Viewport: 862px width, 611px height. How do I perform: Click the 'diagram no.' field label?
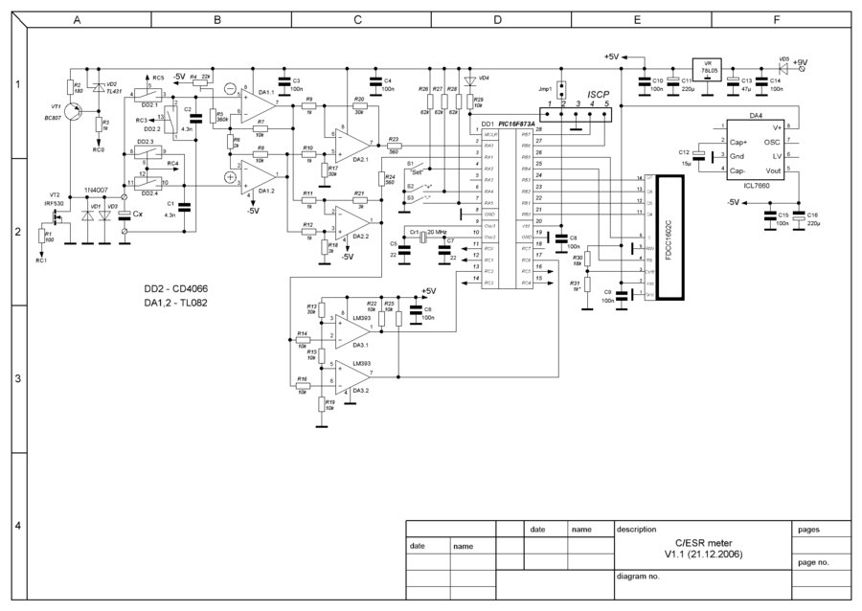[640, 577]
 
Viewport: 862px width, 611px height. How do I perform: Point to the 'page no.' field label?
[812, 563]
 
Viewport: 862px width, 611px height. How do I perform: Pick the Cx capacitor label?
[138, 215]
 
